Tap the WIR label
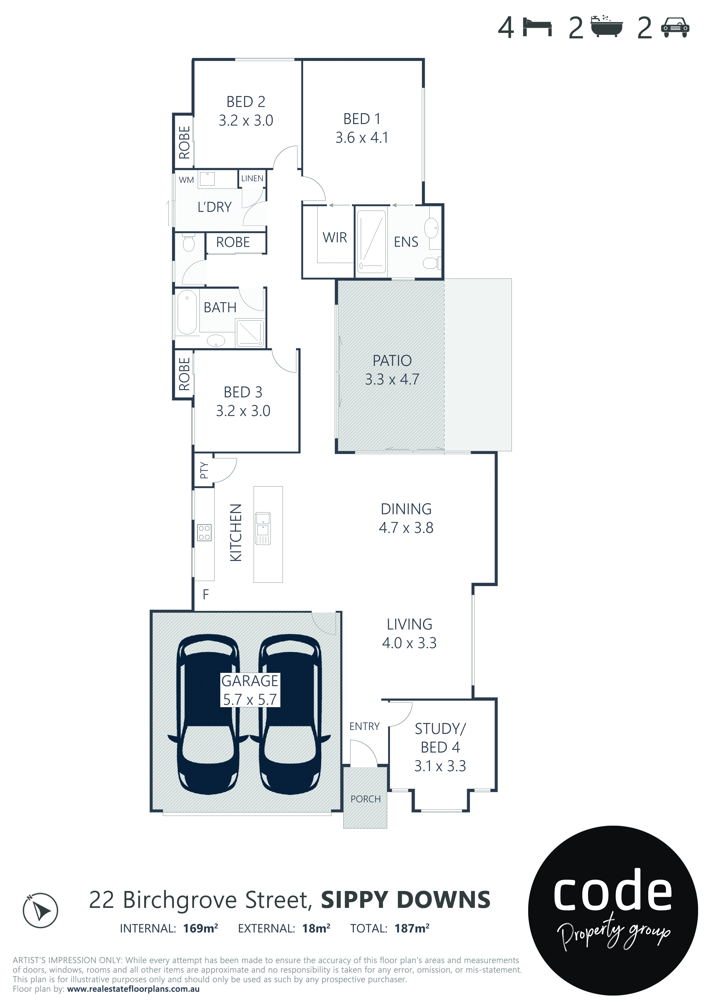(335, 238)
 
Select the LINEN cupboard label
(252, 178)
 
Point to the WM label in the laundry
(186, 180)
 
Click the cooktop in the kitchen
(204, 532)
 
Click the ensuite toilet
(431, 263)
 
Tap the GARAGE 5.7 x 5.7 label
(250, 690)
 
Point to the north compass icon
(40, 910)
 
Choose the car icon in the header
(675, 27)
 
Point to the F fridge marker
(206, 594)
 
